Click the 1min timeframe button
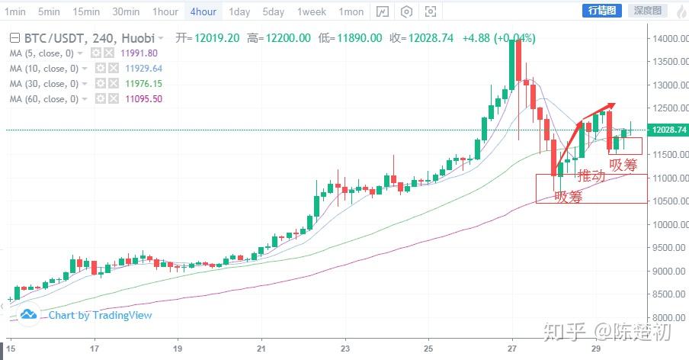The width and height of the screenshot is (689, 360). (14, 11)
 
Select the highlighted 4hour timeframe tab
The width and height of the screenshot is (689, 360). (203, 11)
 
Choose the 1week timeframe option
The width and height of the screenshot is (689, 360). (312, 11)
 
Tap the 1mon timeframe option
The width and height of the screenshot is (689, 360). (351, 11)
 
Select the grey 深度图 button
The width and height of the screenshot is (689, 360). (649, 11)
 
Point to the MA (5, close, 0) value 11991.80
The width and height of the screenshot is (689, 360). (139, 53)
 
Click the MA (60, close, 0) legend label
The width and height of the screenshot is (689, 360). (42, 99)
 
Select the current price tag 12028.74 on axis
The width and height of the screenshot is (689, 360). (667, 130)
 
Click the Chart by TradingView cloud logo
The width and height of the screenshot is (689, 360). (29, 314)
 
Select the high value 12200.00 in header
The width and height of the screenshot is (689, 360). (288, 38)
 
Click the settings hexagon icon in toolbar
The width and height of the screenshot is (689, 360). (407, 11)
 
